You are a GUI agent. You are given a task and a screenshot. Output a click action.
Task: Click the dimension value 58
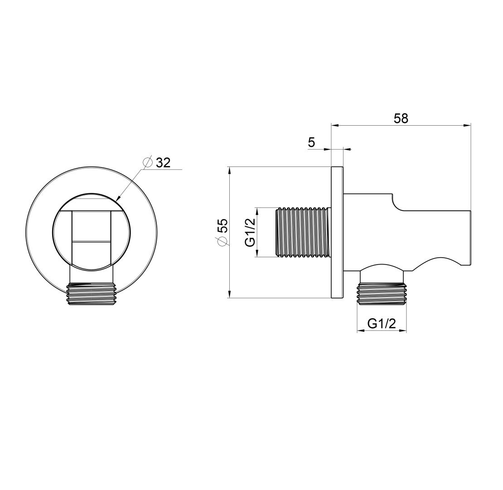click(401, 118)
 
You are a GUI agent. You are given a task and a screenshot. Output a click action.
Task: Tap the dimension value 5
click(311, 142)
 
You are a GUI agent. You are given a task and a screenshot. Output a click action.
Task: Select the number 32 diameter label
click(163, 163)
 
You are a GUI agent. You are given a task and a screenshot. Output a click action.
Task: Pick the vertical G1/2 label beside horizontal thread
click(250, 232)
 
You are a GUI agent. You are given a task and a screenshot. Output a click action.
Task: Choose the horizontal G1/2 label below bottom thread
click(382, 323)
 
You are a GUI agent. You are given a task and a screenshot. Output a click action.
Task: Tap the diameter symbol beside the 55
click(222, 241)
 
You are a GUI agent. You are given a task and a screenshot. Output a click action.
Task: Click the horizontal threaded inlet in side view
click(303, 232)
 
